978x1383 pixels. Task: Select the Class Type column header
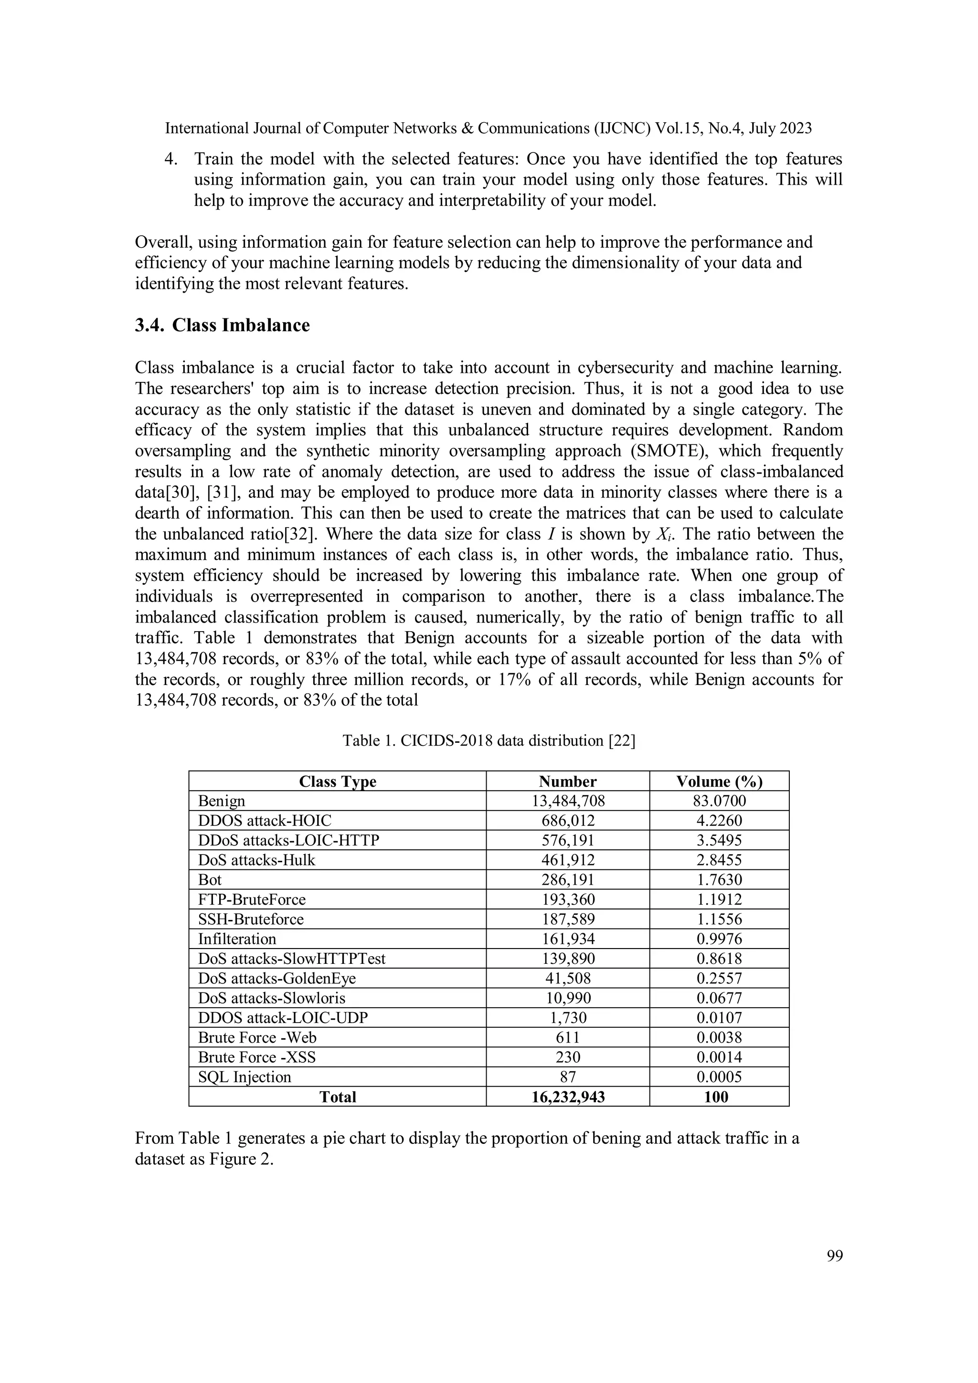[x=338, y=781]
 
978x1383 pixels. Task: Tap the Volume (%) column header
[x=719, y=781]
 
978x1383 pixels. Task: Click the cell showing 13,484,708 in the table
[x=568, y=801]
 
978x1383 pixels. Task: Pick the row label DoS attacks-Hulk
[x=257, y=860]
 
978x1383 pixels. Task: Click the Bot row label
[x=210, y=880]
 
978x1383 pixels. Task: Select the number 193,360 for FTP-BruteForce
[x=568, y=900]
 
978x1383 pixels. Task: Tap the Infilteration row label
[x=237, y=939]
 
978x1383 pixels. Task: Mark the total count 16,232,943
[x=568, y=1097]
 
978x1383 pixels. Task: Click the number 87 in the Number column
[x=568, y=1077]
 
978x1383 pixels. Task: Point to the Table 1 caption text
[x=489, y=740]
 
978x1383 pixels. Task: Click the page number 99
[x=835, y=1256]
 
